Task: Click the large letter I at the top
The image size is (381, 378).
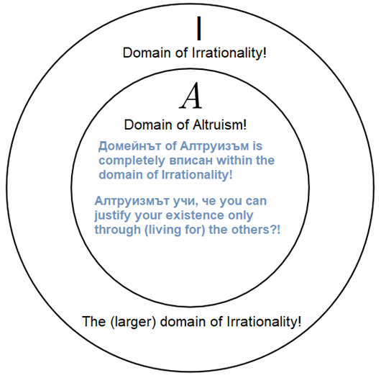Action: (x=199, y=28)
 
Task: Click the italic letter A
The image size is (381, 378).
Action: (x=190, y=96)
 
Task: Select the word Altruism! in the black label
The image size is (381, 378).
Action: (x=220, y=125)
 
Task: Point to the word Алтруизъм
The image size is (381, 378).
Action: (x=214, y=146)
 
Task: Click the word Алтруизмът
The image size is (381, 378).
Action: (x=132, y=201)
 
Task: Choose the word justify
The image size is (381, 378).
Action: (x=113, y=216)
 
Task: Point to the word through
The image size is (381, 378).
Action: (x=118, y=230)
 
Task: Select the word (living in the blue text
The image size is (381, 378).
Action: (x=162, y=230)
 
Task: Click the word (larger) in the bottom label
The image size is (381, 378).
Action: (x=133, y=322)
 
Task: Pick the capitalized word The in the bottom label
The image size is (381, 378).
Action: (x=93, y=321)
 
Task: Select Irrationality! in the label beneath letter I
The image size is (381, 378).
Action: (x=229, y=53)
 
